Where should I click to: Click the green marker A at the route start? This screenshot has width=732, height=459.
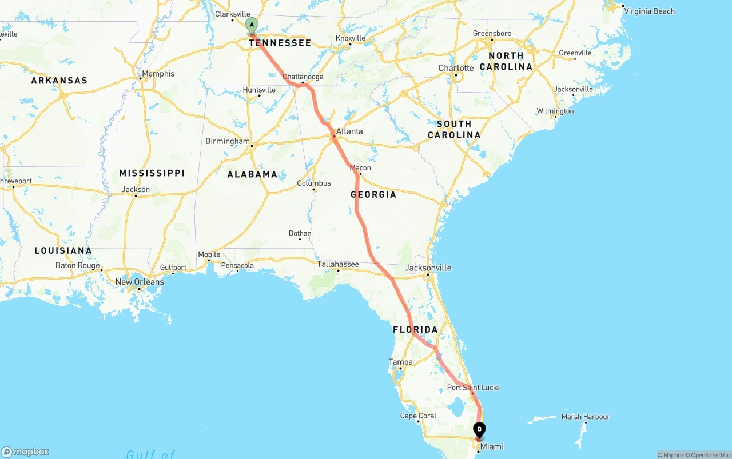click(252, 25)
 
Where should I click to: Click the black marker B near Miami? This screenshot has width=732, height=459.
click(479, 429)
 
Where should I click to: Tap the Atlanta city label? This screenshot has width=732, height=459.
click(349, 131)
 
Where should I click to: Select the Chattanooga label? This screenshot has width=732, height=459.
click(303, 77)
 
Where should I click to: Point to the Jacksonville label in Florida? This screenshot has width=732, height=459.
click(428, 268)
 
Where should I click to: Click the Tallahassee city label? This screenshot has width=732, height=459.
click(338, 264)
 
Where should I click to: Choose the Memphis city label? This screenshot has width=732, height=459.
click(158, 74)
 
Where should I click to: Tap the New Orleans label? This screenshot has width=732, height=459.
click(140, 282)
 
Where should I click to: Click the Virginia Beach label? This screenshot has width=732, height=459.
click(649, 11)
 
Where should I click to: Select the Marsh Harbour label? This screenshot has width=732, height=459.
click(586, 417)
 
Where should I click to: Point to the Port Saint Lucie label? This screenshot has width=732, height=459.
click(473, 388)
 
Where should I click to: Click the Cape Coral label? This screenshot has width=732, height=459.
click(418, 416)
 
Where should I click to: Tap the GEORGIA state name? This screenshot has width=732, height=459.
click(373, 194)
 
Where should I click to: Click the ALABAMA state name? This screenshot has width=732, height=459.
click(252, 174)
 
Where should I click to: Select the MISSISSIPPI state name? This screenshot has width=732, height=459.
click(152, 173)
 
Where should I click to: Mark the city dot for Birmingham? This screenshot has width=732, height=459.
click(252, 146)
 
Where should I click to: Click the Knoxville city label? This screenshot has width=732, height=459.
click(351, 38)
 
